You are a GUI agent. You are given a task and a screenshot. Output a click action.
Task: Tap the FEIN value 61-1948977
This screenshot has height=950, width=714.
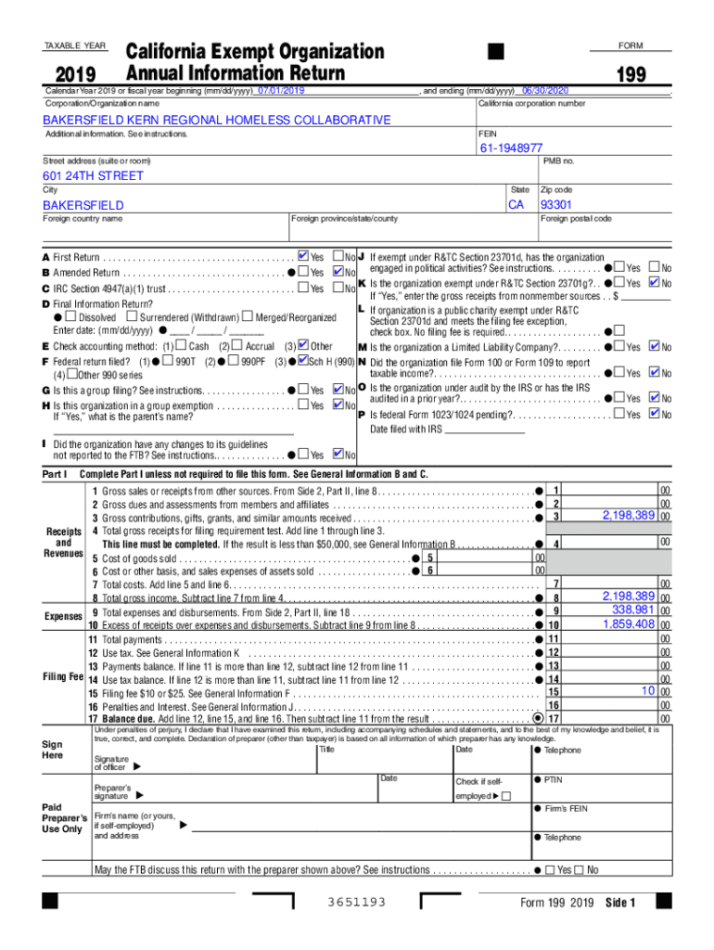(511, 148)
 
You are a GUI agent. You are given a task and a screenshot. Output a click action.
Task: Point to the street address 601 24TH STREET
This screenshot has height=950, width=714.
(94, 176)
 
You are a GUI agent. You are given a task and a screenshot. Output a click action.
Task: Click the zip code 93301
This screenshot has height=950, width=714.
(556, 204)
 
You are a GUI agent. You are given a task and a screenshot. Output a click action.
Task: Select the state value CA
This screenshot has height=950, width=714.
(516, 204)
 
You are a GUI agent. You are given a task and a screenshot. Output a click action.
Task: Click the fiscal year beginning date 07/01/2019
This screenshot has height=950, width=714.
(281, 91)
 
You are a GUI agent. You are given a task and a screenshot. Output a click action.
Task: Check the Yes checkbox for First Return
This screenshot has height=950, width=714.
(303, 256)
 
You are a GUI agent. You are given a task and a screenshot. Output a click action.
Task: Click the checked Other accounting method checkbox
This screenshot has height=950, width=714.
(301, 346)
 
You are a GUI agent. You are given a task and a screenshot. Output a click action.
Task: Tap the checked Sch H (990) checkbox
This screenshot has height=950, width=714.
(301, 360)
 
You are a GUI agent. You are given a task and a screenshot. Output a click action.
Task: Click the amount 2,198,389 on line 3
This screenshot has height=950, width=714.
(629, 515)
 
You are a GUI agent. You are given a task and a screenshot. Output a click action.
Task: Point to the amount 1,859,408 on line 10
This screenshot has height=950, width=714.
(629, 624)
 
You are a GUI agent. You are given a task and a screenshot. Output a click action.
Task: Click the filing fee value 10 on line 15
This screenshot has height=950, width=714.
(649, 691)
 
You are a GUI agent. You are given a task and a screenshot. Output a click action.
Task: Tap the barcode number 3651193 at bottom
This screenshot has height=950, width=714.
(357, 903)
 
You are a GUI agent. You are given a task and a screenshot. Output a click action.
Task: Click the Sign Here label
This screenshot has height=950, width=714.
(54, 751)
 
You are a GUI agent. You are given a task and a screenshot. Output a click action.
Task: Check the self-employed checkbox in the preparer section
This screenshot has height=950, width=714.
(505, 796)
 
